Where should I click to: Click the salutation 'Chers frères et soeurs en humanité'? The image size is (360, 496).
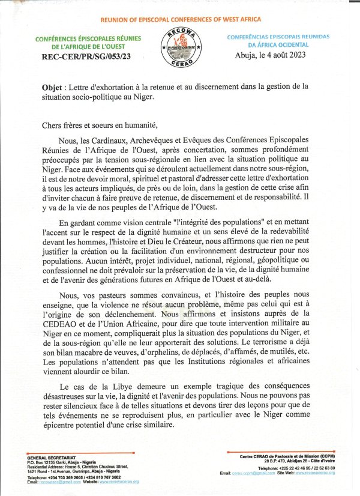pos(99,125)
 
